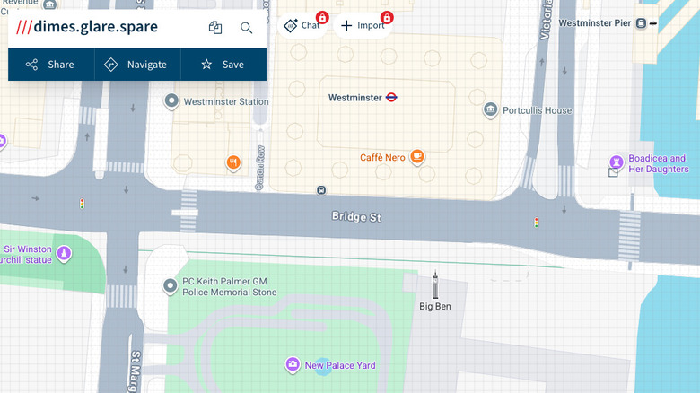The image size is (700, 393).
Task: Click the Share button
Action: click(49, 65)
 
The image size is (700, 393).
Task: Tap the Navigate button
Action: click(136, 65)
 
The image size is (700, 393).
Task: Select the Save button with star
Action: click(222, 65)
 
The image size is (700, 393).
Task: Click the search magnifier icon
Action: click(246, 28)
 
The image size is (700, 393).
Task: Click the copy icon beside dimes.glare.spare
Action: click(215, 28)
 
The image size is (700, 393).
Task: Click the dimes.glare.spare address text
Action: click(95, 27)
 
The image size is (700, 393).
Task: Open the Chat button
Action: click(302, 25)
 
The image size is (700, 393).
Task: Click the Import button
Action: click(363, 25)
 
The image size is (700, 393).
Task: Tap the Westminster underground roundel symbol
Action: click(391, 97)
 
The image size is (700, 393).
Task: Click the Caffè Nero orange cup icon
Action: click(416, 157)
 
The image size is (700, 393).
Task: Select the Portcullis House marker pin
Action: click(490, 110)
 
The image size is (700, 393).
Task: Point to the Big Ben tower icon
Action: click(435, 285)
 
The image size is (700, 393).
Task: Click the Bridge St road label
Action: click(356, 216)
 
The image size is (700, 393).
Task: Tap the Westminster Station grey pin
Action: click(171, 101)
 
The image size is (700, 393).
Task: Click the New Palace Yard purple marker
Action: click(293, 364)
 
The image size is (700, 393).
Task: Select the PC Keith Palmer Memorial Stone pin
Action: click(170, 286)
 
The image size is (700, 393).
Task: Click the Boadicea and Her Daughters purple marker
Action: click(616, 162)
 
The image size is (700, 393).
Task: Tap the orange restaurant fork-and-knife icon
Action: click(233, 162)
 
